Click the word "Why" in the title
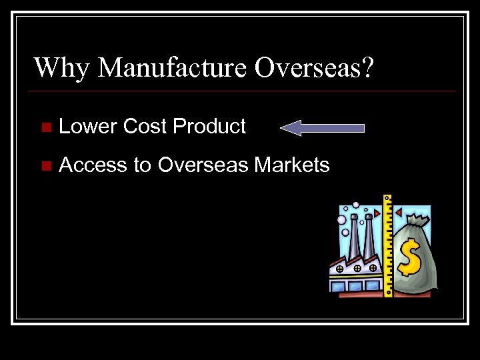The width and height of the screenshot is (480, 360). (x=61, y=67)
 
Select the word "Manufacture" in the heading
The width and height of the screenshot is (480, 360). (x=176, y=67)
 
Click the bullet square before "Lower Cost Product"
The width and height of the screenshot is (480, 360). (x=45, y=127)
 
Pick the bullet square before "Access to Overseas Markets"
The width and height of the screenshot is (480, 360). (x=45, y=165)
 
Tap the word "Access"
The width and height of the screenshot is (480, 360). (x=93, y=165)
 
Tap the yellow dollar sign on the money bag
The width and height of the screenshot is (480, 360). (x=409, y=258)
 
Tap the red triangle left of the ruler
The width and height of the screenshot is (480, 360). (x=377, y=213)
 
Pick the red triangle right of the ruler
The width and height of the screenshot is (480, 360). (x=399, y=212)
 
